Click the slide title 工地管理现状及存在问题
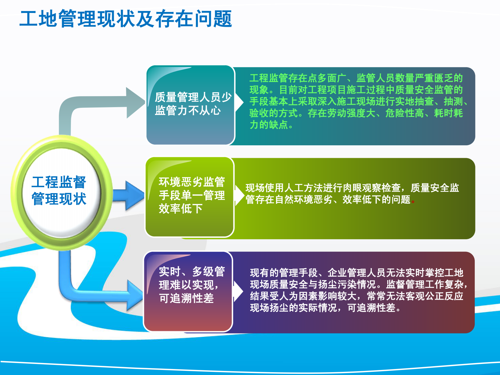point(126,19)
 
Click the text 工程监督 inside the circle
point(59,182)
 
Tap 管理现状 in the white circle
point(59,199)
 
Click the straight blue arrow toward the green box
point(128,195)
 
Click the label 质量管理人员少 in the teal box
point(193,97)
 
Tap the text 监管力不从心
point(188,110)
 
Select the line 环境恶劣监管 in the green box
point(192,182)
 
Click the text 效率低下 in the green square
point(181,209)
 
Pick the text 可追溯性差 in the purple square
point(186,298)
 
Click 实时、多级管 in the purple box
point(192,271)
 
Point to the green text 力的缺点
point(269,125)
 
